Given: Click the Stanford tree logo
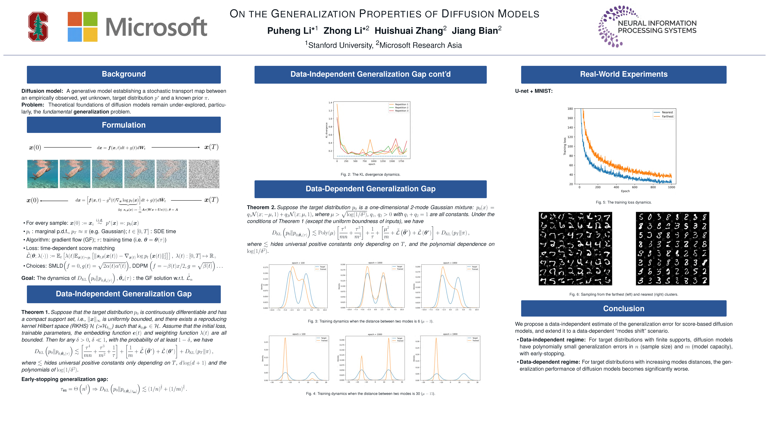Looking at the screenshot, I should click(x=38, y=27).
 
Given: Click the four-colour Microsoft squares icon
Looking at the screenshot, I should click(x=82, y=27).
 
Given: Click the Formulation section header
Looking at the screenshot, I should click(x=124, y=125).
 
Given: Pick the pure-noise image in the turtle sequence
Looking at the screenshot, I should click(x=204, y=174).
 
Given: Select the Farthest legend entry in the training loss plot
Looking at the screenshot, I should click(x=667, y=116).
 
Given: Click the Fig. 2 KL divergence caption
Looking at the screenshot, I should click(x=370, y=175).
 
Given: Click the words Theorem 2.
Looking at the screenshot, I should click(x=261, y=207).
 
